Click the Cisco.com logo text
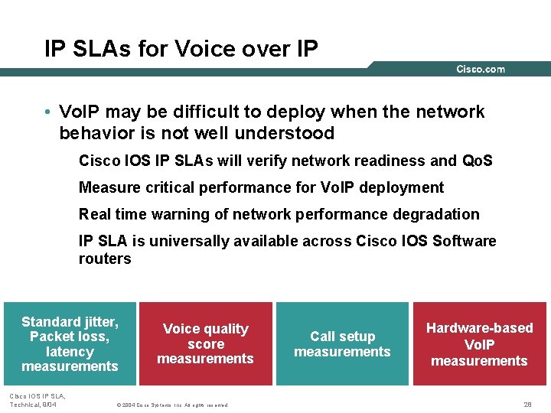[480, 70]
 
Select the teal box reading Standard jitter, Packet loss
[70, 343]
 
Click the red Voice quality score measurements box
[205, 343]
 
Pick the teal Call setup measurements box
[342, 343]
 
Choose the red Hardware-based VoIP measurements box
[479, 343]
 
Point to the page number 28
[527, 404]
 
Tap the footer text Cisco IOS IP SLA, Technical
[37, 400]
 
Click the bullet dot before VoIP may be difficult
[47, 112]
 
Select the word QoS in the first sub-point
[478, 161]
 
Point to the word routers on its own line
[105, 259]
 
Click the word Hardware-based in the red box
[479, 327]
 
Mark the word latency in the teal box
[70, 352]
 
